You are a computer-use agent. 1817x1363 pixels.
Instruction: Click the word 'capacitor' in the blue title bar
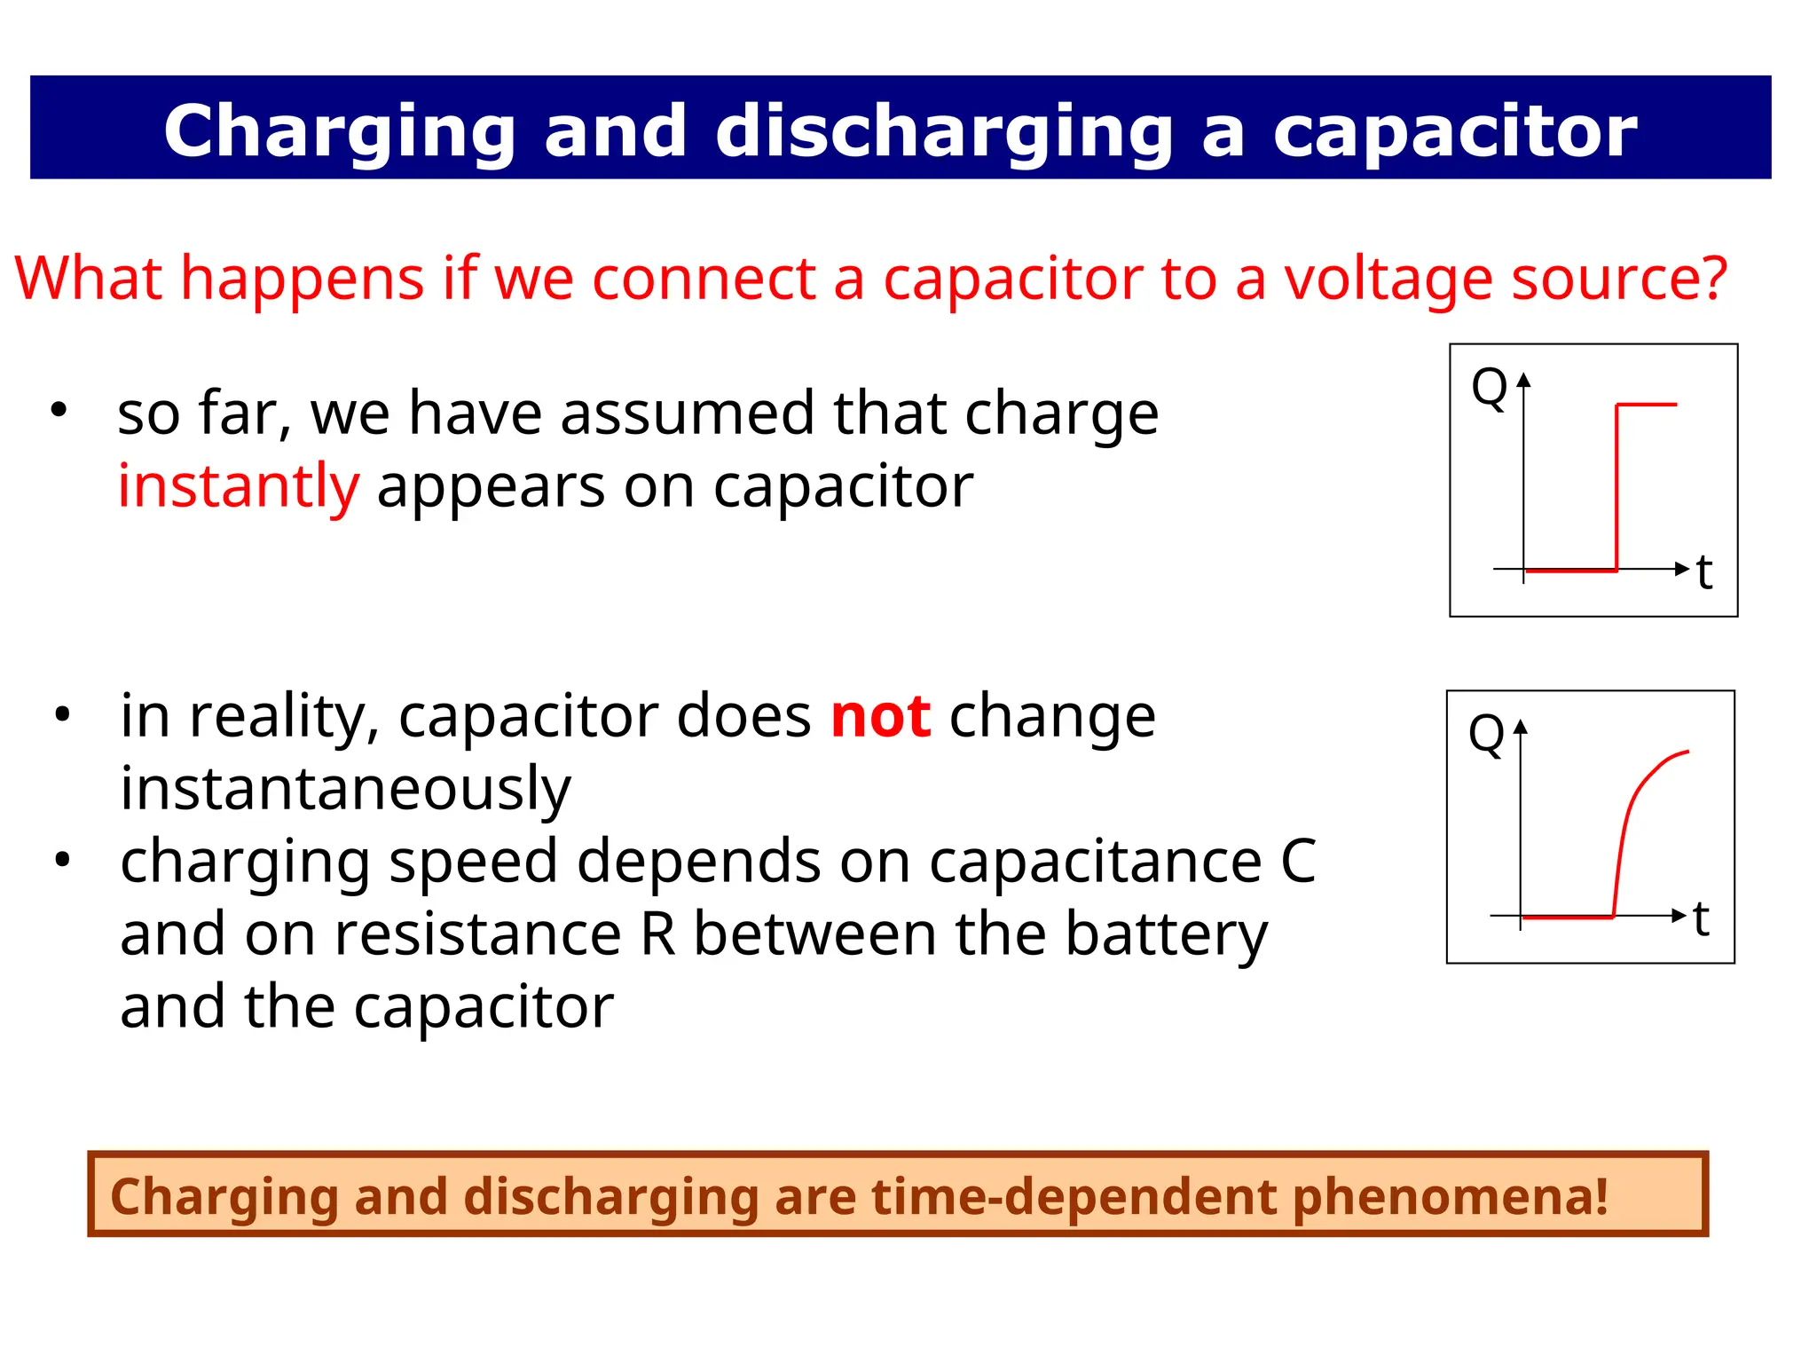point(1455,131)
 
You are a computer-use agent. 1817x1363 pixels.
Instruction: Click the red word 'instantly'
point(238,486)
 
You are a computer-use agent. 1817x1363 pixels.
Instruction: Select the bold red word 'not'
point(880,716)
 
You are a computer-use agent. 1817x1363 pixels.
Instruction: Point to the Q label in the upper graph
point(1489,388)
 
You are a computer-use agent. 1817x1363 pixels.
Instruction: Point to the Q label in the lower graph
point(1486,734)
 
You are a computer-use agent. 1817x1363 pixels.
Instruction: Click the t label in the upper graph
point(1704,572)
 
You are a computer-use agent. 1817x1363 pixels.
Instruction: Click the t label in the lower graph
point(1701,919)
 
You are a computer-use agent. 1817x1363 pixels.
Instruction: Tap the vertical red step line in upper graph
point(1616,488)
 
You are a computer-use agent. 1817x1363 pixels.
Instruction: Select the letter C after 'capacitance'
point(1298,862)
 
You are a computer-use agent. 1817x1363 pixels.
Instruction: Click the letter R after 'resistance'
point(657,934)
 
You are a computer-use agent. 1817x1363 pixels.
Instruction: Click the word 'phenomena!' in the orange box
point(1450,1196)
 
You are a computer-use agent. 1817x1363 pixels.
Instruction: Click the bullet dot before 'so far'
point(59,410)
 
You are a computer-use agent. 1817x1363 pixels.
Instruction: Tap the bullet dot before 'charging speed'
point(61,859)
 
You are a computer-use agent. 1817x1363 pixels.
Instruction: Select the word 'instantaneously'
point(345,789)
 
